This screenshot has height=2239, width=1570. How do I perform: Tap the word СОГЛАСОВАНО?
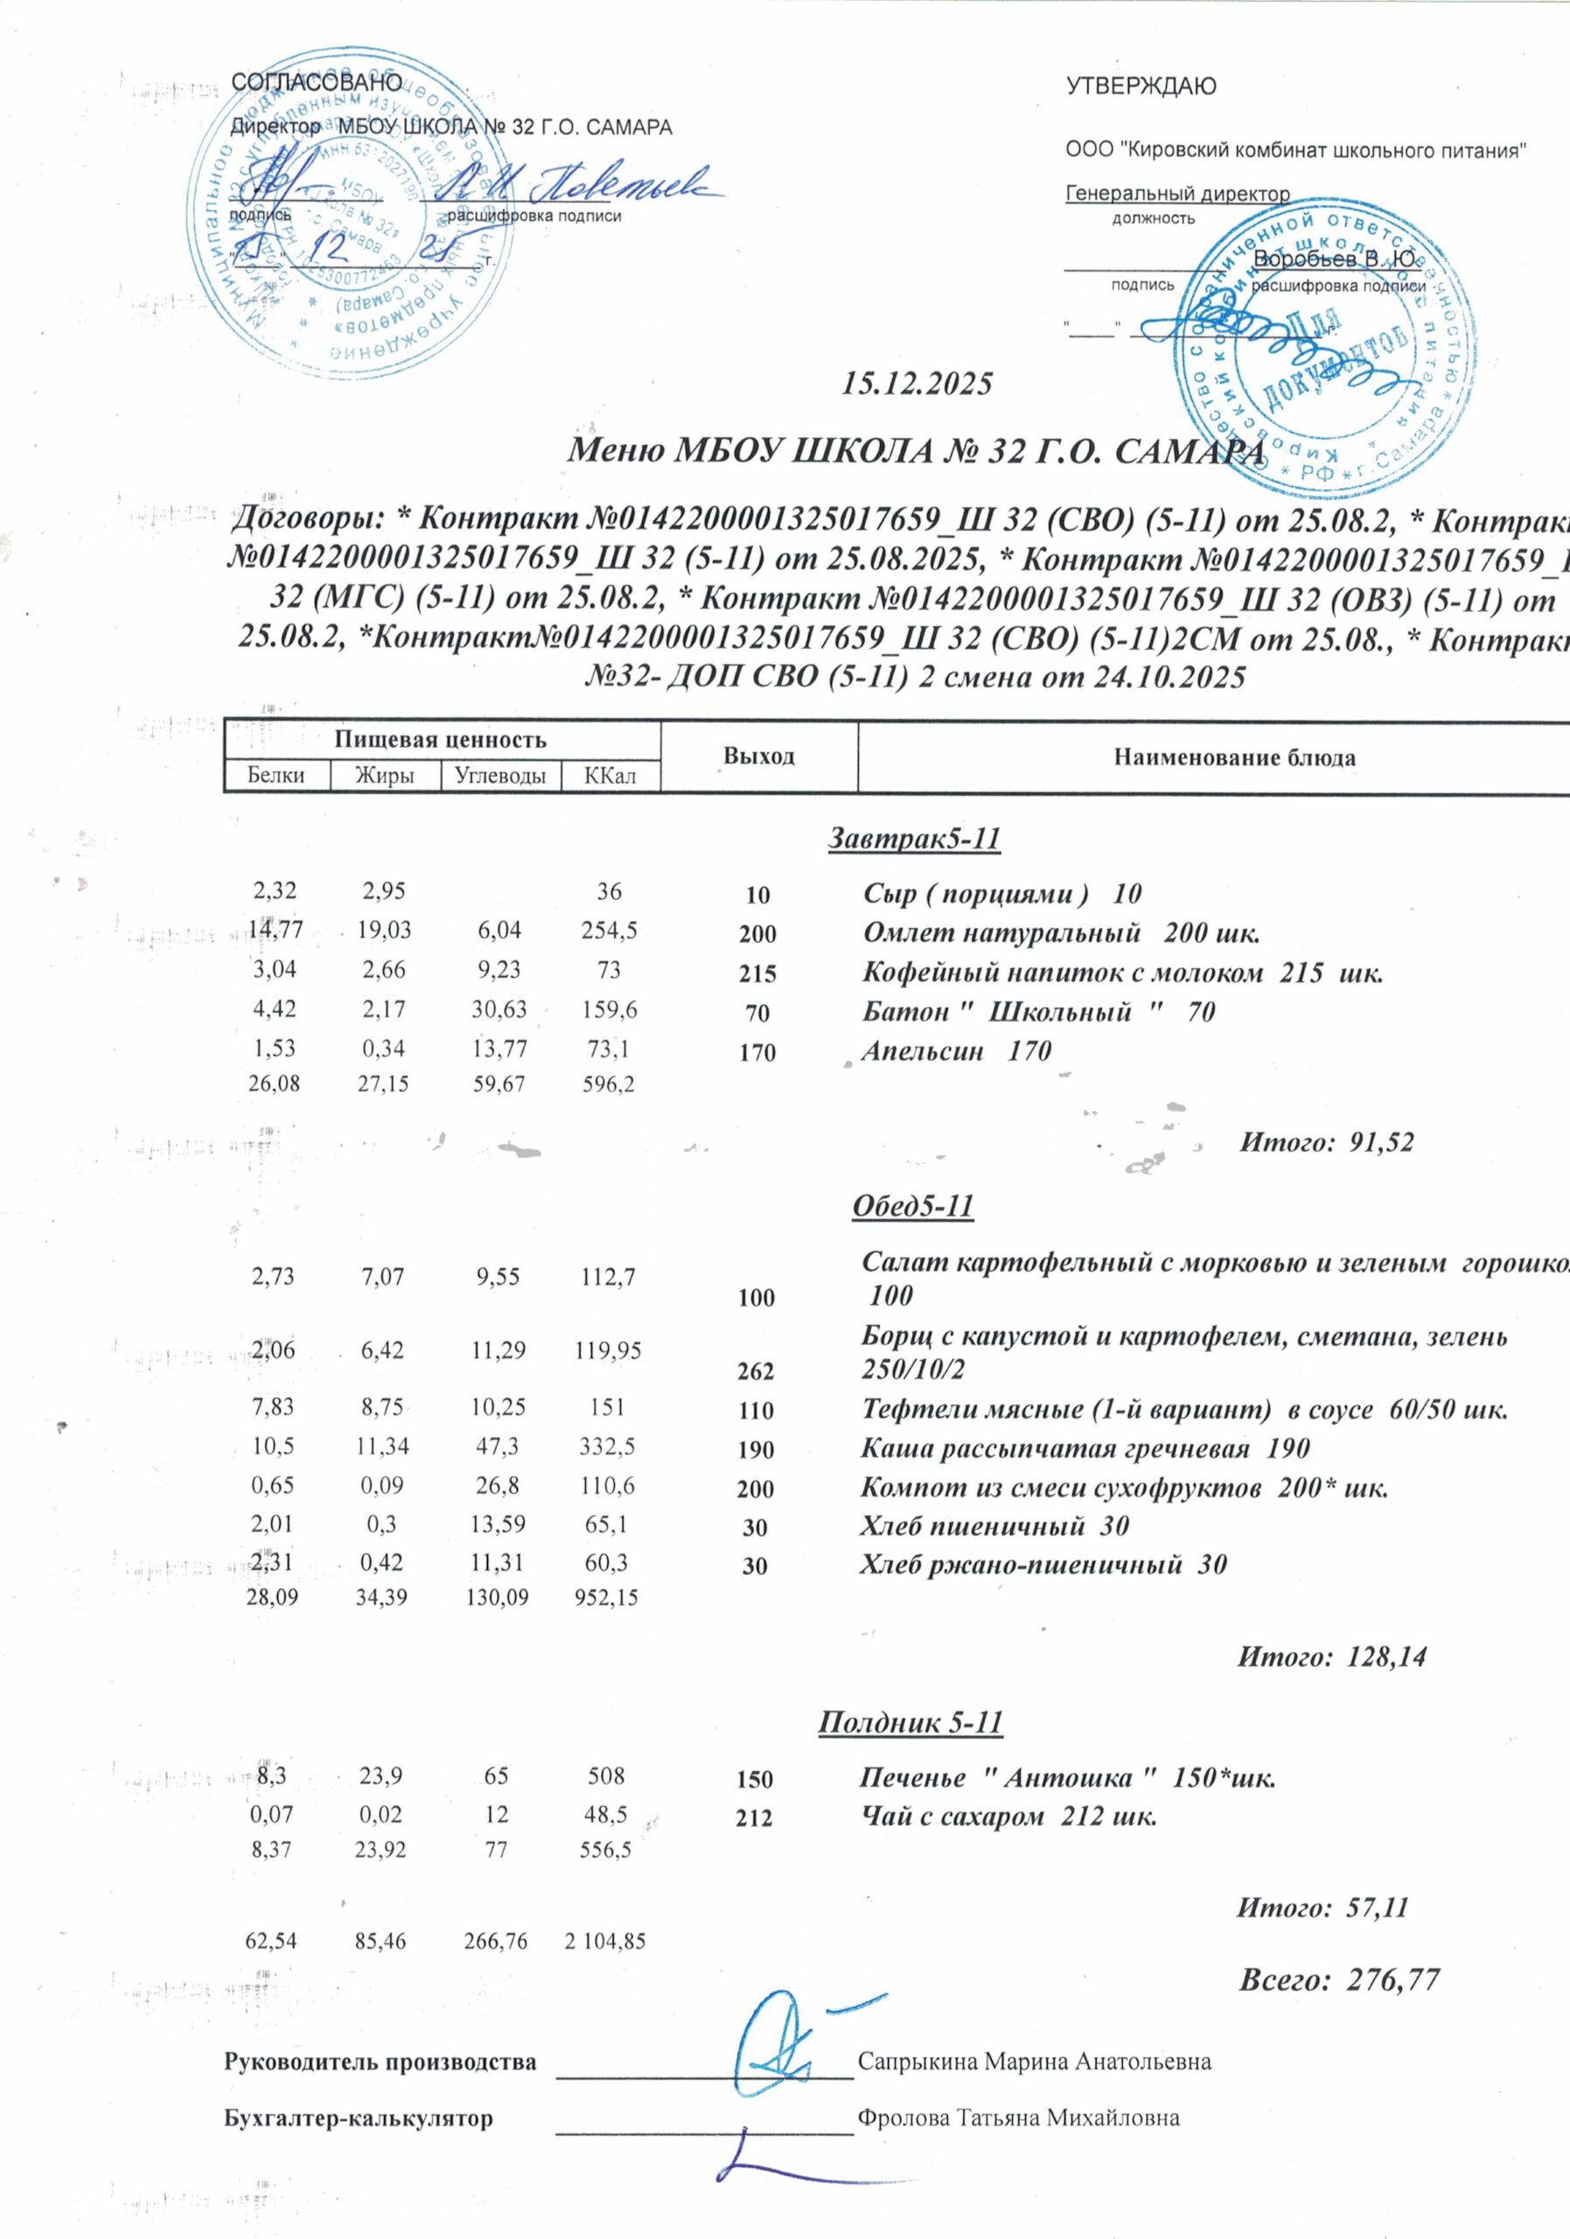point(317,84)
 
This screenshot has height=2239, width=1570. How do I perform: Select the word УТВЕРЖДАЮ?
point(1141,87)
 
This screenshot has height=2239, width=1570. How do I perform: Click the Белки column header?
point(276,775)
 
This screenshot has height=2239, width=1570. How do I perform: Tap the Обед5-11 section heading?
point(913,1206)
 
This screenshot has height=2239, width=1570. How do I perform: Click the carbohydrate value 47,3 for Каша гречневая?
point(499,1447)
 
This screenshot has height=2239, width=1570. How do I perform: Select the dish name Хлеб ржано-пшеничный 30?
point(1043,1566)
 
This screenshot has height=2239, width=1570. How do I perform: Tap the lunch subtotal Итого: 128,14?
point(1332,1657)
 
